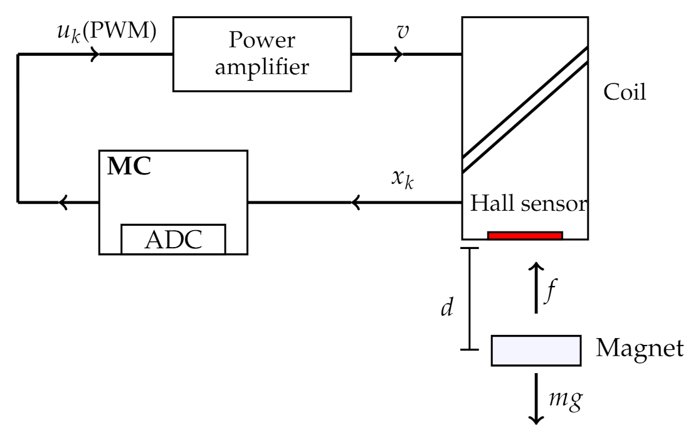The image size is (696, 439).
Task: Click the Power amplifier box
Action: [262, 54]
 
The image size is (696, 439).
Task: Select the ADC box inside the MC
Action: [173, 239]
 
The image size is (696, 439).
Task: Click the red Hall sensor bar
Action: [525, 236]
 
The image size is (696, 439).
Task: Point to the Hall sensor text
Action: [527, 204]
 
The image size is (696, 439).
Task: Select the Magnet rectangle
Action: [534, 350]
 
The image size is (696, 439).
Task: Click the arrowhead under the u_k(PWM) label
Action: [95, 55]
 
